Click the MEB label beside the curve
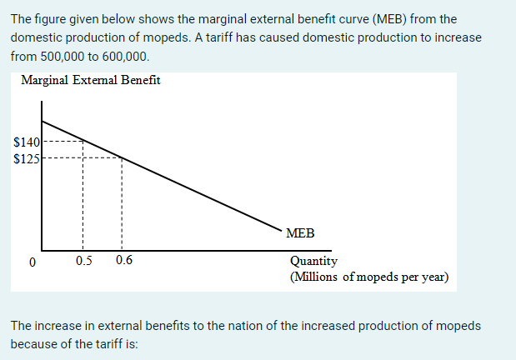click(300, 233)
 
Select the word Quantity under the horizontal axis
click(313, 262)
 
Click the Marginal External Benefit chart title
click(91, 81)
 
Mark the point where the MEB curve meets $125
click(123, 157)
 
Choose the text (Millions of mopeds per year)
click(368, 276)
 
